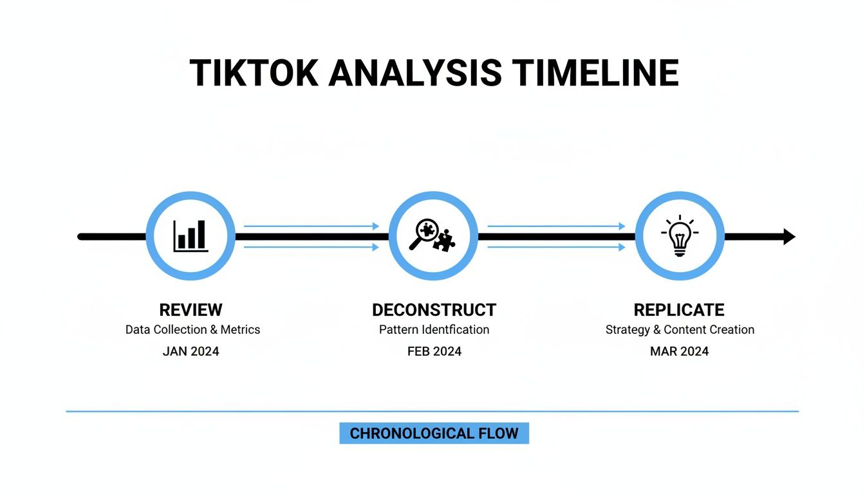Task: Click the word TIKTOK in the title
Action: coord(254,73)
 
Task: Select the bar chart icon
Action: coord(191,236)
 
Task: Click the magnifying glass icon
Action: coord(424,233)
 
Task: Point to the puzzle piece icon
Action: coord(444,241)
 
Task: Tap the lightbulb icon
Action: coord(680,236)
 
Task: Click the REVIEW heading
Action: coord(191,309)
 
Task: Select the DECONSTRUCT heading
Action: coord(434,309)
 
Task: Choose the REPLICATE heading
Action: coord(679,309)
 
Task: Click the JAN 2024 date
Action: coord(191,351)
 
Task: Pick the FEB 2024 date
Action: coord(434,351)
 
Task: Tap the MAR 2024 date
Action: coord(679,351)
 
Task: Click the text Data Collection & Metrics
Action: coord(192,329)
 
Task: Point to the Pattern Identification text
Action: coord(434,329)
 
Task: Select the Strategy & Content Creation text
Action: coord(680,329)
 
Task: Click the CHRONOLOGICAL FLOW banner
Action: coord(434,434)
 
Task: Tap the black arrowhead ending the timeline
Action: coord(789,237)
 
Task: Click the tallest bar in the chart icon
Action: coord(201,234)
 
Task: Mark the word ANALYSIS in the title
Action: coord(415,73)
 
